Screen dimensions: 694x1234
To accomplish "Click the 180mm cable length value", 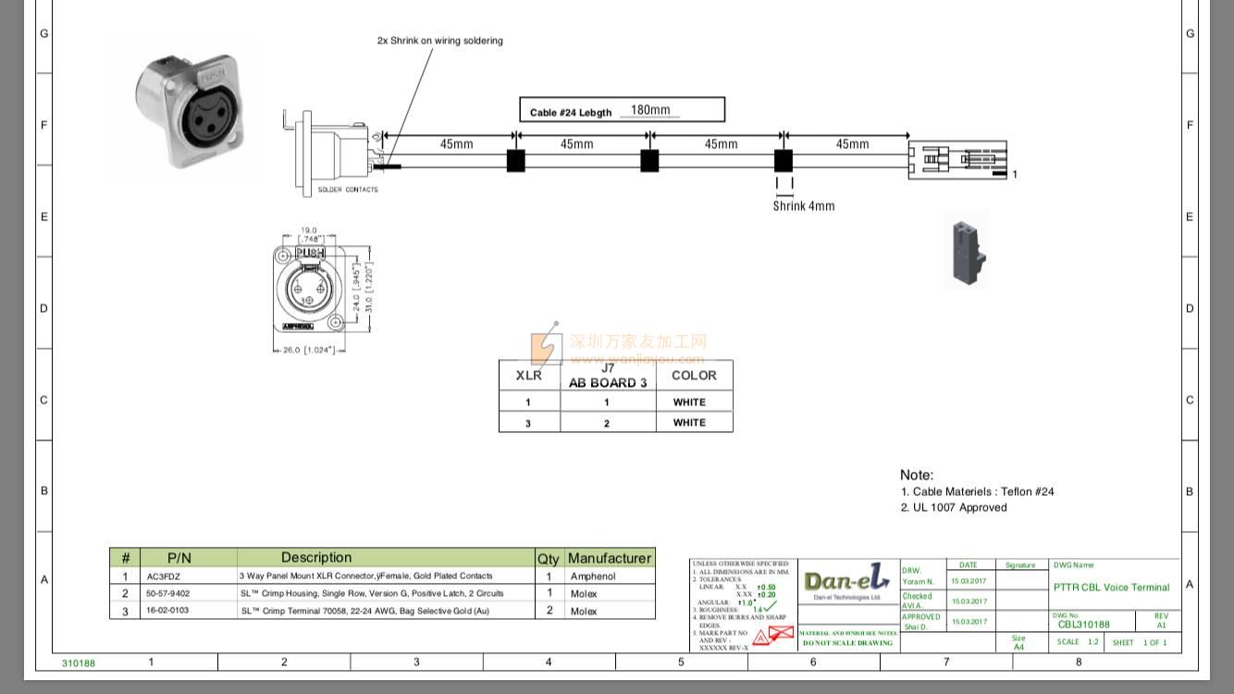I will pyautogui.click(x=650, y=110).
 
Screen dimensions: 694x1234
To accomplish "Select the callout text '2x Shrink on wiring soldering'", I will pyautogui.click(x=440, y=41).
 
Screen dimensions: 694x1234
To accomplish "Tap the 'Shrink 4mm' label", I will pyautogui.click(x=804, y=206).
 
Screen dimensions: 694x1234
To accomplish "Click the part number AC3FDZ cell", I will pyautogui.click(x=164, y=576).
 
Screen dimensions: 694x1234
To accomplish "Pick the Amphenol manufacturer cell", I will pyautogui.click(x=593, y=576).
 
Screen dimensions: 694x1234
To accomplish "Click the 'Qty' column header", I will pyautogui.click(x=549, y=558).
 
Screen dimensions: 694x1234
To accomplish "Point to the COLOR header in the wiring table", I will pyautogui.click(x=694, y=376).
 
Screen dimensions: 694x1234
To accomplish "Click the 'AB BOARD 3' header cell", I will pyautogui.click(x=608, y=382).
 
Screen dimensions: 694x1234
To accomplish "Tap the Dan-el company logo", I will pyautogui.click(x=847, y=582).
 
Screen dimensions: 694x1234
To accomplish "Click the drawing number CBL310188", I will pyautogui.click(x=1083, y=625).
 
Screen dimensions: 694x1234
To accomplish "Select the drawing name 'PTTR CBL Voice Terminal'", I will pyautogui.click(x=1111, y=588).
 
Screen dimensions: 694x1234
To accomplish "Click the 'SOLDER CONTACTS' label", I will pyautogui.click(x=348, y=190).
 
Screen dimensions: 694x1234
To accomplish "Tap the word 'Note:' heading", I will pyautogui.click(x=917, y=475).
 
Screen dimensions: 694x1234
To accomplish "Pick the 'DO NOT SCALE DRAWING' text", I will pyautogui.click(x=847, y=643).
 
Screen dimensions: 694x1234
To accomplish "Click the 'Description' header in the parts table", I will pyautogui.click(x=316, y=558).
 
